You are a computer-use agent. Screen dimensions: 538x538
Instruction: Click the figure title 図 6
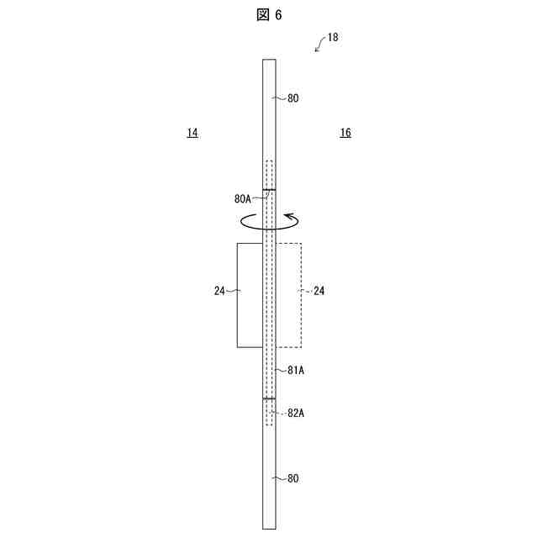pyautogui.click(x=269, y=15)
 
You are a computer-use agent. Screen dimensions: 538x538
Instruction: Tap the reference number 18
pyautogui.click(x=333, y=37)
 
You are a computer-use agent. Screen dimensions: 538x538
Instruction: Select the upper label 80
pyautogui.click(x=293, y=98)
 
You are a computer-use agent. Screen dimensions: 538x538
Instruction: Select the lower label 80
pyautogui.click(x=293, y=478)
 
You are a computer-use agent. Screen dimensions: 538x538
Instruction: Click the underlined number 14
pyautogui.click(x=193, y=133)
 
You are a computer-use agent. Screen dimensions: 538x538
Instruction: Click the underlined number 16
pyautogui.click(x=345, y=133)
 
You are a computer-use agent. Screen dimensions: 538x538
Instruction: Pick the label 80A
pyautogui.click(x=243, y=198)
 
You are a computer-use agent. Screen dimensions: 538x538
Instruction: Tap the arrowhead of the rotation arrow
pyautogui.click(x=289, y=217)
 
